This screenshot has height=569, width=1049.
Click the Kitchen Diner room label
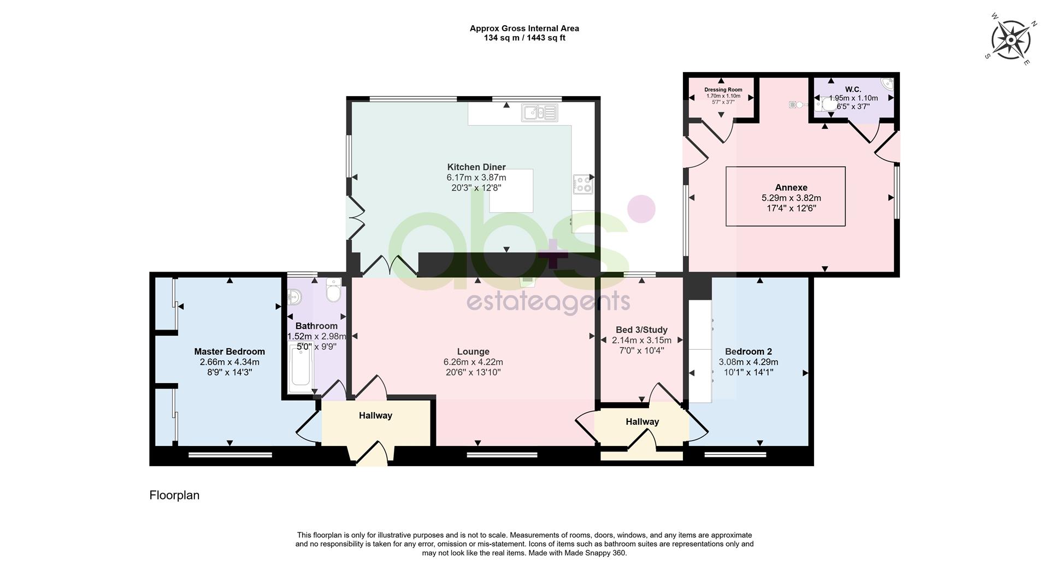click(x=476, y=167)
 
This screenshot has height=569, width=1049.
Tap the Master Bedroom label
click(x=229, y=351)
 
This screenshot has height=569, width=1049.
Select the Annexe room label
click(x=791, y=187)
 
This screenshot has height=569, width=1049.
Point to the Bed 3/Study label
click(x=641, y=330)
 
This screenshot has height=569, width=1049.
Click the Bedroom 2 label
click(x=748, y=351)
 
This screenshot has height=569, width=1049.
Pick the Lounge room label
click(x=473, y=351)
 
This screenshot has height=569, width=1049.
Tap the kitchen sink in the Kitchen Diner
click(x=539, y=113)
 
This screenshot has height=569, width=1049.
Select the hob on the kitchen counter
click(x=582, y=184)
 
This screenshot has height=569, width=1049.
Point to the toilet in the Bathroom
click(x=333, y=290)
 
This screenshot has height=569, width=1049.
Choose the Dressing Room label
click(x=723, y=90)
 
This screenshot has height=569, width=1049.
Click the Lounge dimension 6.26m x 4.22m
click(x=473, y=362)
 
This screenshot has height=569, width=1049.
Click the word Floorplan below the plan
click(x=174, y=495)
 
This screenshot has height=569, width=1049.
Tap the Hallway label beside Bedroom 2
click(x=642, y=421)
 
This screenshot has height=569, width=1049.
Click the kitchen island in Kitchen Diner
click(x=511, y=191)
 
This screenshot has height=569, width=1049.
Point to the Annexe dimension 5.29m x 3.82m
click(x=791, y=198)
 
